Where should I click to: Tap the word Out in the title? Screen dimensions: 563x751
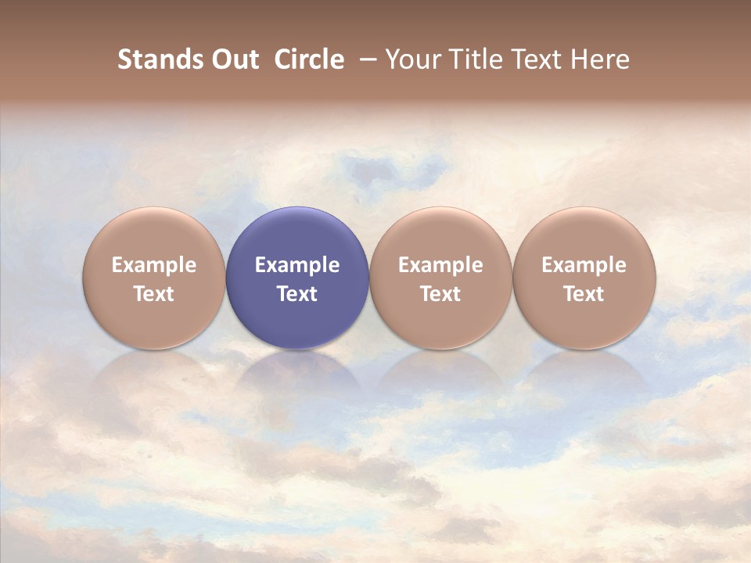(x=234, y=59)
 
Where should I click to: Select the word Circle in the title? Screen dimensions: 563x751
(x=309, y=59)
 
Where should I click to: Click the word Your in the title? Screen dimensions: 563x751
(x=411, y=59)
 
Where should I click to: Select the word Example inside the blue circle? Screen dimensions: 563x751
(x=297, y=265)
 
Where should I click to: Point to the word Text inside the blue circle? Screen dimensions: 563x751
(x=297, y=294)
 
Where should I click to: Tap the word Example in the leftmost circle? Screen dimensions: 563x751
(x=154, y=265)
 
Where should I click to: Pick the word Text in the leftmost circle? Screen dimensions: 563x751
(x=154, y=294)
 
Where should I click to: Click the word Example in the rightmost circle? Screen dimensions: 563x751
(x=584, y=265)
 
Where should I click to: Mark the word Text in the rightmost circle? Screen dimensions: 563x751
(x=584, y=294)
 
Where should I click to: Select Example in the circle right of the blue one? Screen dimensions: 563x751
(x=440, y=265)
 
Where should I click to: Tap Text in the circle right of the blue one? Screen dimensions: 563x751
(x=440, y=294)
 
